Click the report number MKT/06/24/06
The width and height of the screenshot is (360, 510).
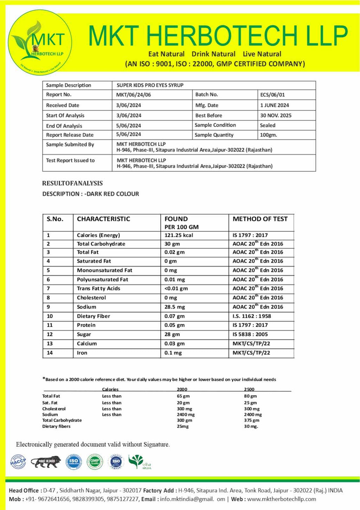click(x=134, y=95)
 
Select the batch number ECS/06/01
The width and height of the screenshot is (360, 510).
click(x=272, y=95)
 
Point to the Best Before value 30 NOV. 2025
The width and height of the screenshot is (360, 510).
click(x=276, y=115)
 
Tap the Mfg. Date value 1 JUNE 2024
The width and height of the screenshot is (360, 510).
click(x=275, y=105)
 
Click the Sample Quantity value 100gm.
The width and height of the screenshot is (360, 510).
click(x=268, y=135)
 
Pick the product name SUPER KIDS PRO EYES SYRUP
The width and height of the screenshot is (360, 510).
click(x=150, y=85)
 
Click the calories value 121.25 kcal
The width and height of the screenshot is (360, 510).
click(x=179, y=235)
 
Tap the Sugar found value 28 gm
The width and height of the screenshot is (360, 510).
click(x=172, y=334)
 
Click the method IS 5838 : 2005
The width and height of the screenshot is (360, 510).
click(x=250, y=334)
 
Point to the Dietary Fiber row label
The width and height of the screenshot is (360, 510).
click(x=94, y=316)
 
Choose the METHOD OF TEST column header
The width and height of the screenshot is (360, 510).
click(x=260, y=219)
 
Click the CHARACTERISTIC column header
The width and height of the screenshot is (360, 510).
click(x=103, y=219)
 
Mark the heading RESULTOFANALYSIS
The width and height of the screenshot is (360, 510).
click(x=72, y=183)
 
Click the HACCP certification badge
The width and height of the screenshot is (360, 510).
click(x=18, y=461)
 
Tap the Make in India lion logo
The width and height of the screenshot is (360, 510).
click(x=46, y=461)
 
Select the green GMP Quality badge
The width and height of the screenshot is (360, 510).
click(x=95, y=461)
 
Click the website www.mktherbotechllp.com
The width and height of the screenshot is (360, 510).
click(x=282, y=499)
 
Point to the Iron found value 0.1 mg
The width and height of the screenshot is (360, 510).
click(x=173, y=353)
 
